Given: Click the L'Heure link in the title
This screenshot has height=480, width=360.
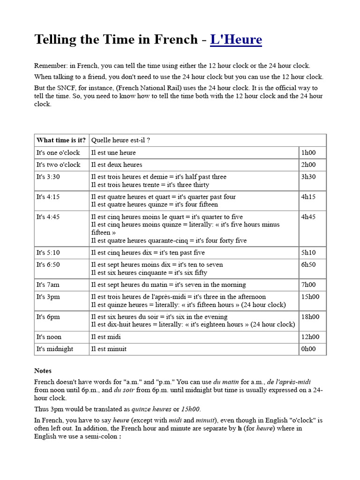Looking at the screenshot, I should coord(236,40).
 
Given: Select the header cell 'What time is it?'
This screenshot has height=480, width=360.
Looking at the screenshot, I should coord(61,140).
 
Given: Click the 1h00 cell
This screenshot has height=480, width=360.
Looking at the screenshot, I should coord(308,152).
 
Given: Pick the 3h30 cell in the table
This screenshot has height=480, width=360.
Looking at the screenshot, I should coord(308,177).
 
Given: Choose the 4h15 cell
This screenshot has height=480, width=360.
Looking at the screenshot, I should coord(308,197).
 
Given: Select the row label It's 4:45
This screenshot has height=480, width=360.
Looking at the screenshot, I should coord(48,217).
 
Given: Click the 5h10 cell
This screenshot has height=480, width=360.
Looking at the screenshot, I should coord(308,253).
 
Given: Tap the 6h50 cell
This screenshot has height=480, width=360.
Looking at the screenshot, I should coord(308,264).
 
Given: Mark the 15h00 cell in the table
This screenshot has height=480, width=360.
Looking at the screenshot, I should coord(310,297).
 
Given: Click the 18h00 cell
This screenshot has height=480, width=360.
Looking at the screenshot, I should coord(310,317).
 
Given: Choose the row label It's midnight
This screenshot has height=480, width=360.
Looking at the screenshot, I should coord(55,349).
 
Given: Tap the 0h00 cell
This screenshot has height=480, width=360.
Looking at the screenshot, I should coord(308,349).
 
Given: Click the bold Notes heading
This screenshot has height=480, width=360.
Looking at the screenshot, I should coord(43,370).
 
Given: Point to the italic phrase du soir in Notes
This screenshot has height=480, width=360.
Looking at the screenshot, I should coord(124,390).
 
